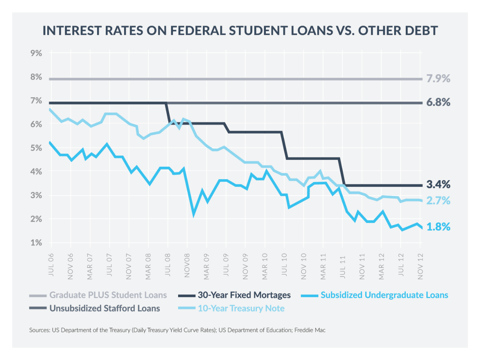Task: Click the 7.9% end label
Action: (x=438, y=79)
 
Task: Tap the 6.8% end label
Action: (x=438, y=102)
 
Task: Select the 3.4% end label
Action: (x=438, y=184)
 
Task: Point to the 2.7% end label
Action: (x=438, y=201)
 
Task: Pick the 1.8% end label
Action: (x=438, y=227)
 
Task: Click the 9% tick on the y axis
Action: (x=36, y=53)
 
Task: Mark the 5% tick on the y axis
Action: (x=36, y=148)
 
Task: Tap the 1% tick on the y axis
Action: (x=36, y=243)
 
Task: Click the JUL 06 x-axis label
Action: (x=51, y=265)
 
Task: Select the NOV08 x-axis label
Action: (x=187, y=266)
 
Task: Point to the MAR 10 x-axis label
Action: (x=265, y=266)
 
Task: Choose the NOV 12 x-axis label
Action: (x=420, y=266)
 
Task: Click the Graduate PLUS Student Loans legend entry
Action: (x=108, y=295)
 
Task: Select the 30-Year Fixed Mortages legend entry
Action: (x=244, y=295)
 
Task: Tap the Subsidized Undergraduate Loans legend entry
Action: (x=384, y=295)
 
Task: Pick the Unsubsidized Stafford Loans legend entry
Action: (x=105, y=308)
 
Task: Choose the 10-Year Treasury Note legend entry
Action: (x=241, y=308)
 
